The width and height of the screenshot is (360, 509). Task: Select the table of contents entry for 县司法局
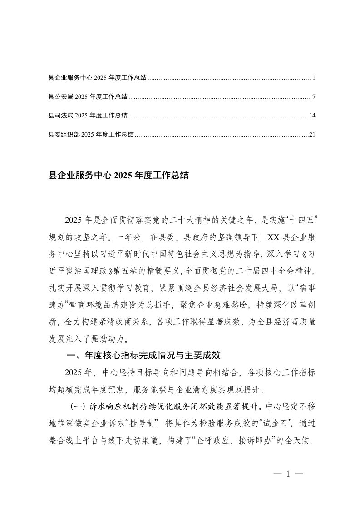(88, 116)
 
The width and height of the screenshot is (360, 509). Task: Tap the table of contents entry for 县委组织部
(91, 134)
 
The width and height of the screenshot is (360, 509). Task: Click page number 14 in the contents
(311, 116)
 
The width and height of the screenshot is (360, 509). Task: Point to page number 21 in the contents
(311, 134)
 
